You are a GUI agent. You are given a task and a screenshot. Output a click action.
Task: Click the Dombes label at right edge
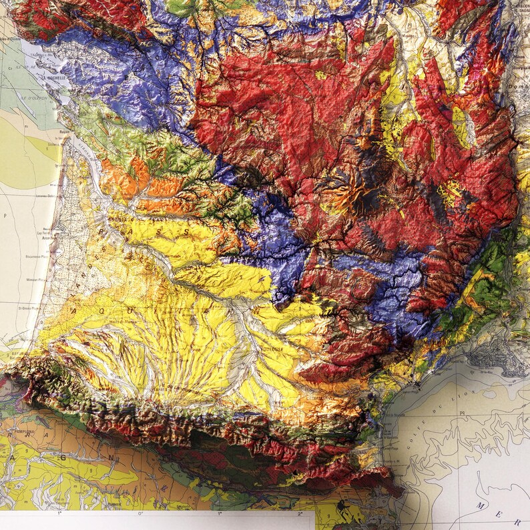(520, 85)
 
